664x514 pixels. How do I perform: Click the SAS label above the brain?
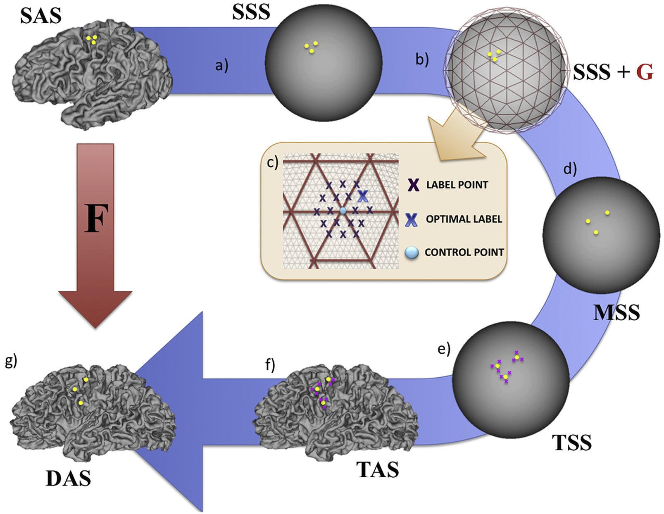[x=40, y=16]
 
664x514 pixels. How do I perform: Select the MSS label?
[x=616, y=312]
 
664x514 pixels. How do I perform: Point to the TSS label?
[x=572, y=443]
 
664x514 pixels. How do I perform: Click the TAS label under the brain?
[x=377, y=470]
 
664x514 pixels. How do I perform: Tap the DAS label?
[x=68, y=478]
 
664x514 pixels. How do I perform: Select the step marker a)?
[x=221, y=65]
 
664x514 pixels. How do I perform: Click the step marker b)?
[x=422, y=59]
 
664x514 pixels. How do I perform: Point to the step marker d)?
[x=570, y=169]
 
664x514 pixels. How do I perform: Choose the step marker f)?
[x=270, y=365]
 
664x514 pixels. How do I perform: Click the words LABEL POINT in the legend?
[x=457, y=185]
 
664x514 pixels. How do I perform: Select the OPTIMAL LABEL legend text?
[x=464, y=219]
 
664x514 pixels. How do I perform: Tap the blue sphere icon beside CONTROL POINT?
[x=412, y=252]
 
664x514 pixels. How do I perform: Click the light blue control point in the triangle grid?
[x=343, y=211]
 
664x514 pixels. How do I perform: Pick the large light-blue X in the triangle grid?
[x=362, y=196]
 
